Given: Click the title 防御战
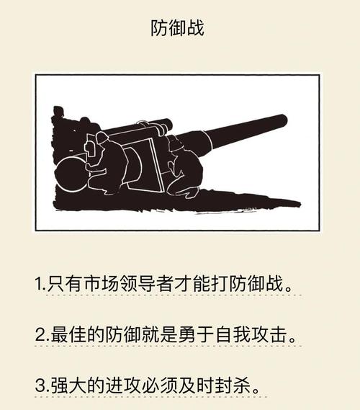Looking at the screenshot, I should pyautogui.click(x=178, y=29).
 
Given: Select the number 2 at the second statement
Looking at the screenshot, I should pyautogui.click(x=40, y=335).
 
